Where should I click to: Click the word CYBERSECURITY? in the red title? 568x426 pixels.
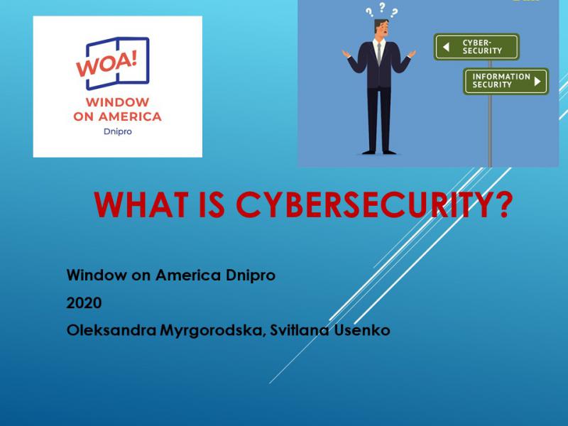click(374, 204)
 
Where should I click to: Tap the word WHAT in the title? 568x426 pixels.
click(141, 204)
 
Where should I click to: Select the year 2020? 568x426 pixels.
click(84, 303)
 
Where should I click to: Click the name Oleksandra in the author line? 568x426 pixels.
click(111, 330)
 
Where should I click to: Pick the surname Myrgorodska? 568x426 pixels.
click(212, 330)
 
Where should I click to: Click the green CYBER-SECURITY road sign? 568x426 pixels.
click(476, 47)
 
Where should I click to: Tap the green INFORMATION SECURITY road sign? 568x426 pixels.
click(506, 81)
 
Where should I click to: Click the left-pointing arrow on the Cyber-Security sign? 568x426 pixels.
click(447, 47)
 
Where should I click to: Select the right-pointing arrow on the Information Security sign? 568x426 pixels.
click(537, 81)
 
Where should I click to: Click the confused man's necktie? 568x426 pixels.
click(378, 54)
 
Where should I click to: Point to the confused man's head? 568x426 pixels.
click(381, 28)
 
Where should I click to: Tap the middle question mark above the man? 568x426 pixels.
click(382, 7)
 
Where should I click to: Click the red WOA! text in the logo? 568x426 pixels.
click(106, 64)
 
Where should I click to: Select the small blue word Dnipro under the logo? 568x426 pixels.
click(118, 131)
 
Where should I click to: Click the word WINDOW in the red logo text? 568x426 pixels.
click(117, 102)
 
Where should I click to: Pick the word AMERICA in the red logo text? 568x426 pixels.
click(130, 116)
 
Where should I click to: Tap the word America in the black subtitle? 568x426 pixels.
click(188, 275)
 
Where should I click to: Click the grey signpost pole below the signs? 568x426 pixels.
click(490, 131)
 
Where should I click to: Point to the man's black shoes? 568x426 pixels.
click(379, 152)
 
